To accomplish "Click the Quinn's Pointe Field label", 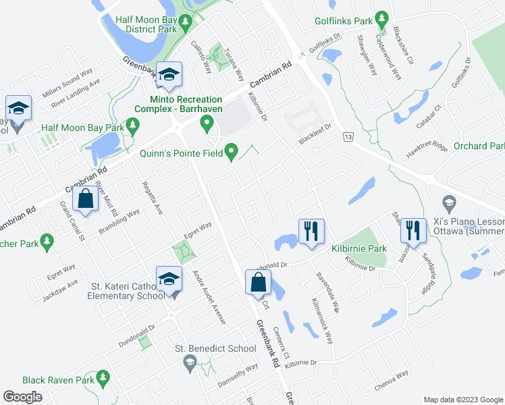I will tap(180, 153).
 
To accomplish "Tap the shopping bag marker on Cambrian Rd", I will tap(85, 200).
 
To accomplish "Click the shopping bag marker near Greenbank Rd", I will tap(259, 283).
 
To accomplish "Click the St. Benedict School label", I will tap(215, 348).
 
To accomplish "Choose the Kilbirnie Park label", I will tap(359, 248).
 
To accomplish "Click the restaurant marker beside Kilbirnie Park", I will tap(311, 232).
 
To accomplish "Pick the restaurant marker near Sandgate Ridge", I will tap(413, 231).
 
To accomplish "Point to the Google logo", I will tap(23, 396).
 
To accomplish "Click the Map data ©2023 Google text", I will tap(463, 400).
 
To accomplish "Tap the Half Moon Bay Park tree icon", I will tap(133, 125).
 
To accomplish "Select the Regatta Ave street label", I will tap(152, 198).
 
